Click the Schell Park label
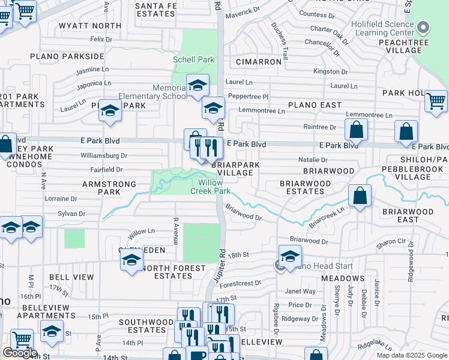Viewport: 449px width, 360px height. (x=193, y=60)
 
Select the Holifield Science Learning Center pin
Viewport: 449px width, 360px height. (x=424, y=26)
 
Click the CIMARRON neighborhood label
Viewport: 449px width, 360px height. (x=259, y=62)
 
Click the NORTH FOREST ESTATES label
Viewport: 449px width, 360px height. (x=173, y=272)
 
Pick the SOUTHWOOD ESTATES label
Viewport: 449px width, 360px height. (x=146, y=326)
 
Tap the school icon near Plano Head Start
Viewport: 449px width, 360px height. (x=290, y=256)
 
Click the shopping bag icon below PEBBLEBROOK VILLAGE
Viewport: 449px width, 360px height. (x=360, y=195)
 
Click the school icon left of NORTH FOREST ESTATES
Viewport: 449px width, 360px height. (x=131, y=260)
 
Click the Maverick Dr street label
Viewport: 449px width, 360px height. (x=243, y=10)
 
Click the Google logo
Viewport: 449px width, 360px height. (x=20, y=353)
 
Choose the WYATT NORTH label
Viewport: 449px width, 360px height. (x=89, y=26)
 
